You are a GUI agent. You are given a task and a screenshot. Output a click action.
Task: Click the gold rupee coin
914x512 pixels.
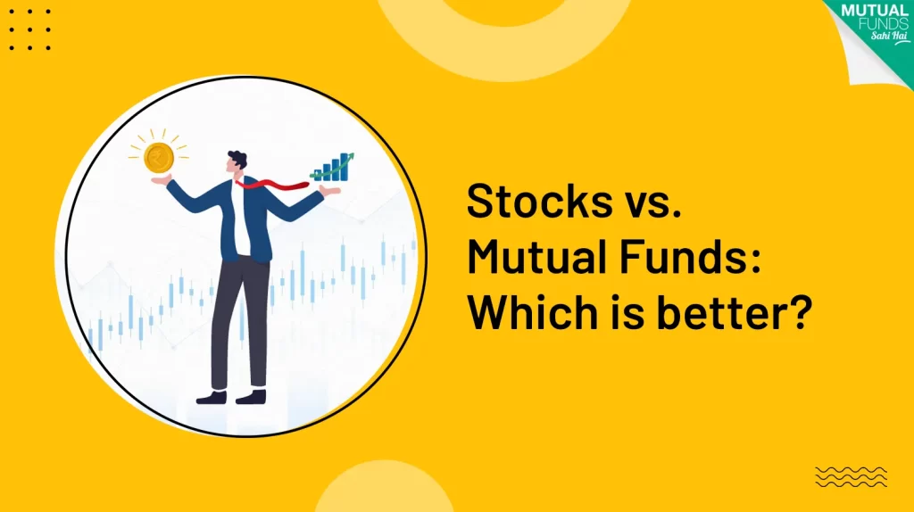[159, 157]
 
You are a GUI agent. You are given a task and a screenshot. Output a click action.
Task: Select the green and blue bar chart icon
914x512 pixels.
[332, 167]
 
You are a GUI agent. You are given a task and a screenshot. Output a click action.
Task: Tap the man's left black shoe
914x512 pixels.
[212, 397]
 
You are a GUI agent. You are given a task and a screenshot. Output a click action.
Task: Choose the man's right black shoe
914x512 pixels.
[251, 397]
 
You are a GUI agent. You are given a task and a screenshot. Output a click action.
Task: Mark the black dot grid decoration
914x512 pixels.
[29, 29]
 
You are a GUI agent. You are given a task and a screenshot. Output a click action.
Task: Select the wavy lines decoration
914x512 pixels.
[851, 476]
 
